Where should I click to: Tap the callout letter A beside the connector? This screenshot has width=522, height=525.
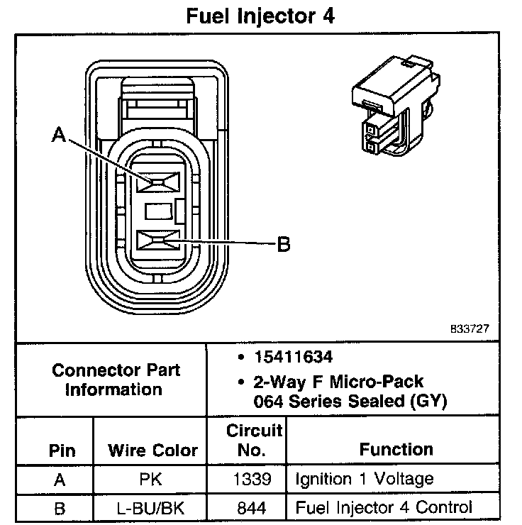coord(60,134)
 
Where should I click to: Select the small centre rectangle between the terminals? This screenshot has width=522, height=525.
coord(158,211)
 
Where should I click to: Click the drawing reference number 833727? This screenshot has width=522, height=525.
coord(470,329)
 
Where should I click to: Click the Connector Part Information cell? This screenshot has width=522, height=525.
coord(116,379)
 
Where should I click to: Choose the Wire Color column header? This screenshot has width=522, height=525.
coord(152,450)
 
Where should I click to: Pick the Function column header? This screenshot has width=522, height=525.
coord(396,448)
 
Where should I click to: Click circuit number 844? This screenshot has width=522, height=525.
coord(255,507)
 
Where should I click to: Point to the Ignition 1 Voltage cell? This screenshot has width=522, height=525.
coord(364,479)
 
